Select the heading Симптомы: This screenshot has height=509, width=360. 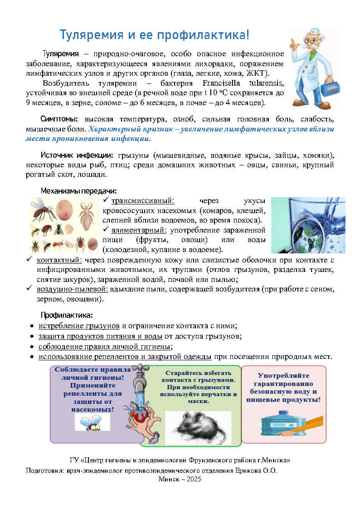[x=59, y=119]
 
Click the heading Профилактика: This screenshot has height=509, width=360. [x=67, y=315]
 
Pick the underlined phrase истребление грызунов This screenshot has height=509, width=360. [x=79, y=326]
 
